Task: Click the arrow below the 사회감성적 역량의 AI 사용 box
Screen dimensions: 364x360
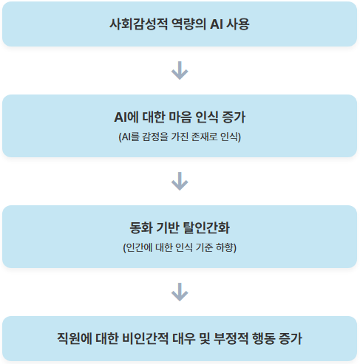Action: pos(180,70)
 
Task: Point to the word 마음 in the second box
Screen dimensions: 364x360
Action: pos(186,118)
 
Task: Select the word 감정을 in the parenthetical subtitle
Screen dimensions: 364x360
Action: pos(154,137)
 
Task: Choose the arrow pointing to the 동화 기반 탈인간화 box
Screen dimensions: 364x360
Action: pos(180,181)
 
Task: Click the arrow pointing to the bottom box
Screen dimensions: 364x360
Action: pos(180,292)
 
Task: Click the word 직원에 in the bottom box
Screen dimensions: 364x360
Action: pos(75,339)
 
